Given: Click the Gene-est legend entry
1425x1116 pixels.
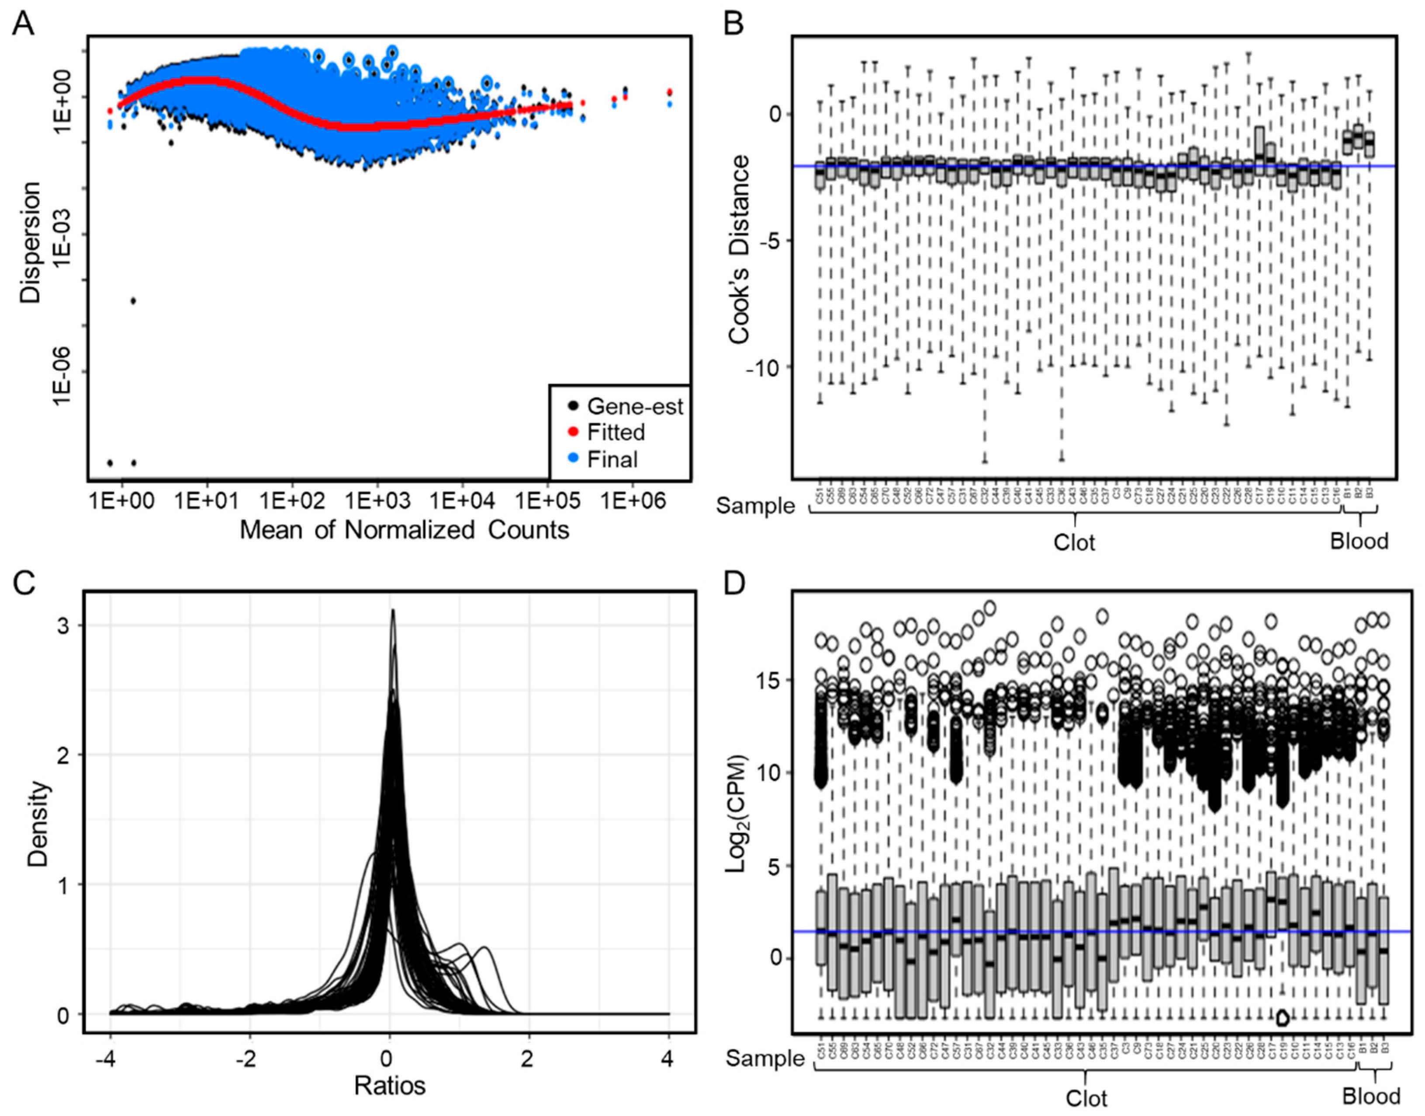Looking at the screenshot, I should [x=634, y=406].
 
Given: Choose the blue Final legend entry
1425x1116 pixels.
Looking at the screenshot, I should [x=612, y=460].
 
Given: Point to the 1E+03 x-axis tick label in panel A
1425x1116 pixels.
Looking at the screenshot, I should [x=377, y=501].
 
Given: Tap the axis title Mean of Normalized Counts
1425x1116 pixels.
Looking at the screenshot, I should [x=405, y=529].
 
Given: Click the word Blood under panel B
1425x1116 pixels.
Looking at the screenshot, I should [x=1359, y=541].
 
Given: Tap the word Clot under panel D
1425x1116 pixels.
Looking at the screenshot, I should [x=1086, y=1098].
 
